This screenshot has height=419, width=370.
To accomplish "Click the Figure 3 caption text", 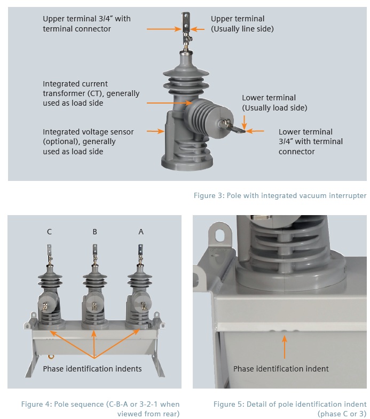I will click(x=280, y=196).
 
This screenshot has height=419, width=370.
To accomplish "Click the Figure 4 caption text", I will click(x=100, y=408).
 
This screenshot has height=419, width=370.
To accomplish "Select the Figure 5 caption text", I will click(x=290, y=408).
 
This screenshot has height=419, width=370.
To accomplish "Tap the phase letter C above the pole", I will click(x=49, y=232).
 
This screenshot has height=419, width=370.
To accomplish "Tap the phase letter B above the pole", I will click(x=95, y=232).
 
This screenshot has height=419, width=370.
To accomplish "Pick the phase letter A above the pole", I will click(x=141, y=232).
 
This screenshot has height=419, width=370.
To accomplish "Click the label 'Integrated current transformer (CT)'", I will click(x=91, y=93).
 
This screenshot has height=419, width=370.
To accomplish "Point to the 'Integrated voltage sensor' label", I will click(x=88, y=141).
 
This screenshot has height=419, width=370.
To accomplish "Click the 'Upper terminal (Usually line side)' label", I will click(x=242, y=23).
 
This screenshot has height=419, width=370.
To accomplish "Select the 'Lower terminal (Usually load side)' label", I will click(x=274, y=102).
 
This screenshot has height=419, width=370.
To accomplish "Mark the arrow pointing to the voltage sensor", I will click(x=155, y=130).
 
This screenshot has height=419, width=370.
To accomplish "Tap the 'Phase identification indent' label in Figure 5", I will click(x=281, y=369).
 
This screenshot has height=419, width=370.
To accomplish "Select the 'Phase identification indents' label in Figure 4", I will click(x=92, y=369).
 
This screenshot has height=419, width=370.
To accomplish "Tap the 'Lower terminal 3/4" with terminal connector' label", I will click(x=311, y=141).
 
